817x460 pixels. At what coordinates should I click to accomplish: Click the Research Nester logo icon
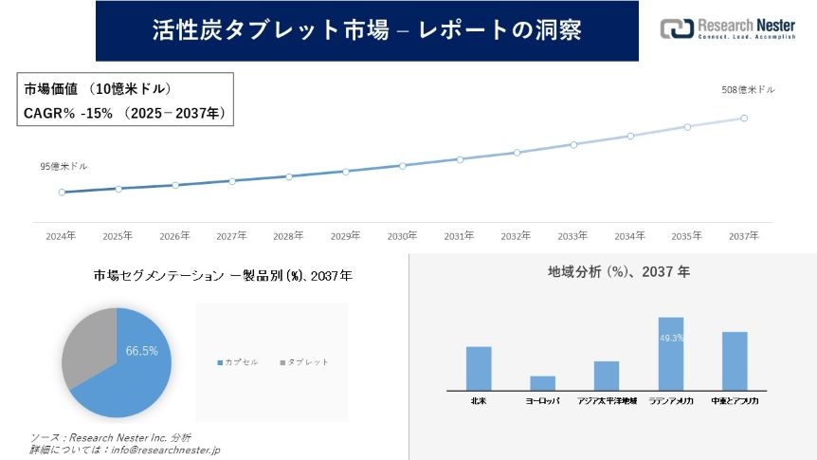pyautogui.click(x=676, y=28)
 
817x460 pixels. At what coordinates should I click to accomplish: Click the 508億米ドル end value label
pyautogui.click(x=748, y=90)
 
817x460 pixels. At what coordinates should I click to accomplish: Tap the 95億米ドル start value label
pyautogui.click(x=64, y=166)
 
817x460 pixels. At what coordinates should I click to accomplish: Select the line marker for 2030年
pyautogui.click(x=403, y=165)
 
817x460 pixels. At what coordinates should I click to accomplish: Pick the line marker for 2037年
pyautogui.click(x=744, y=119)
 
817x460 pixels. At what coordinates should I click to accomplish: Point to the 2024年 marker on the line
pyautogui.click(x=62, y=192)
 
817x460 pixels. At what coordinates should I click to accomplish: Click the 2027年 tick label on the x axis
pyautogui.click(x=231, y=235)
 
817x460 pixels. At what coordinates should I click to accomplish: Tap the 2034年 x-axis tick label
pyautogui.click(x=630, y=235)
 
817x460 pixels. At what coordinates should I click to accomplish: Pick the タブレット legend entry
pyautogui.click(x=304, y=362)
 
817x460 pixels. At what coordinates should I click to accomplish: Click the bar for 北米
pyautogui.click(x=479, y=368)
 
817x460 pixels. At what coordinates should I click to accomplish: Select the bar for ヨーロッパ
pyautogui.click(x=542, y=382)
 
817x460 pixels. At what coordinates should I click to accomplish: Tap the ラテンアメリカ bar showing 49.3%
pyautogui.click(x=671, y=353)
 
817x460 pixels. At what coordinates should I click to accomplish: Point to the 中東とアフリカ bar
pyautogui.click(x=735, y=360)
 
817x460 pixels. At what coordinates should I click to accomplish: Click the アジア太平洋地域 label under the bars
pyautogui.click(x=607, y=401)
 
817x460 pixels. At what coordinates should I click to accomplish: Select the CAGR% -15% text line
pyautogui.click(x=123, y=112)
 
